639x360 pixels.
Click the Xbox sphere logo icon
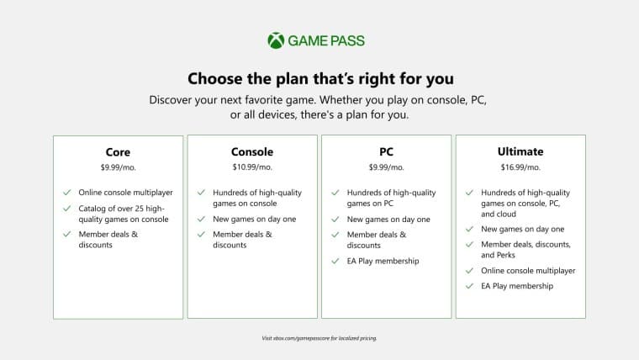276,40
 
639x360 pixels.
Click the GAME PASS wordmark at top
327,40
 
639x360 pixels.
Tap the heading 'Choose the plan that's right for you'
320,79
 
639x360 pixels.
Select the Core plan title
118,151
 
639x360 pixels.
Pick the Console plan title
252,151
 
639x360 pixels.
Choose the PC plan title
387,151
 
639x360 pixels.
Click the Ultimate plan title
520,151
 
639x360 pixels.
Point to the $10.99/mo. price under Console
252,168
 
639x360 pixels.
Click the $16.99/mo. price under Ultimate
520,168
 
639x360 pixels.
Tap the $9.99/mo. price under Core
118,168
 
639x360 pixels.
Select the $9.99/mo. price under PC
387,168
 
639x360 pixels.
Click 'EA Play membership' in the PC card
383,261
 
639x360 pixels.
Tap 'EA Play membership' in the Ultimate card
517,286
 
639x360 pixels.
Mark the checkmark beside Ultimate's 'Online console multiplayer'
470,271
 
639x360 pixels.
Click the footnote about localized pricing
319,338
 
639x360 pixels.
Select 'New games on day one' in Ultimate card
523,229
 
